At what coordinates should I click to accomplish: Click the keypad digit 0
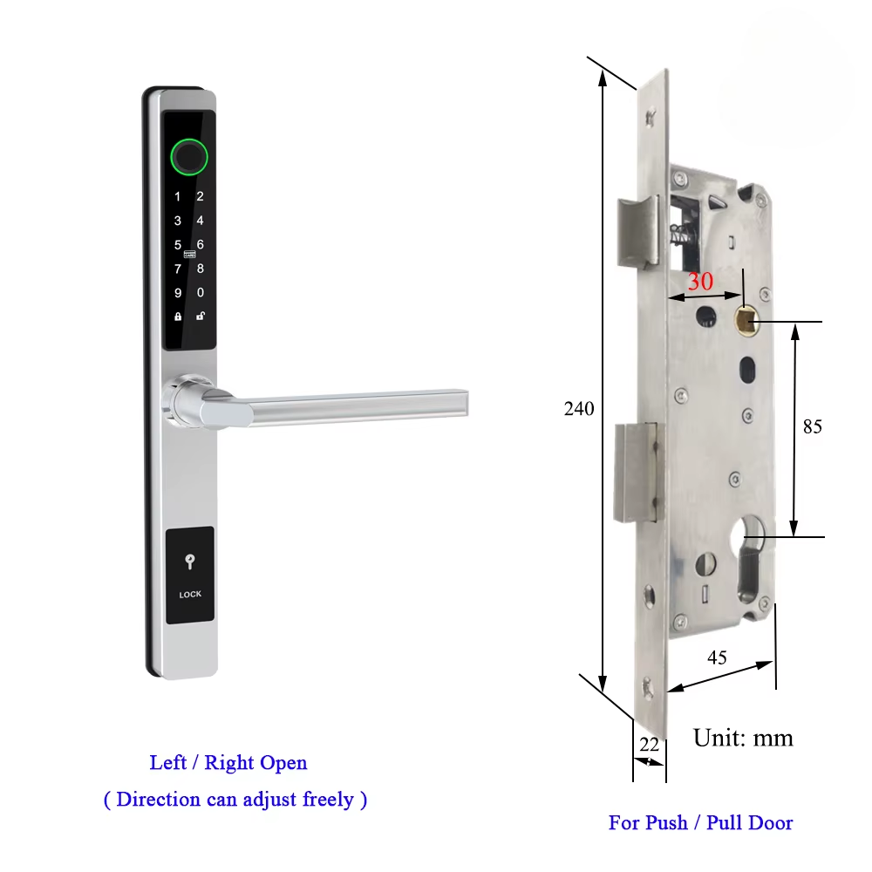[x=201, y=293]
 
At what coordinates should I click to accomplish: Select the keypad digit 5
[x=178, y=245]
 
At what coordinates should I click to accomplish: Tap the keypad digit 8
[x=201, y=269]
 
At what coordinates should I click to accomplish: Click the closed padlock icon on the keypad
[x=178, y=317]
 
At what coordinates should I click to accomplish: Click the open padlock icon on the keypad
[x=201, y=317]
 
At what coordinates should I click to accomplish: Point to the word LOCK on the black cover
[x=190, y=595]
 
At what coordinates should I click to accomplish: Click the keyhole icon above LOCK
[x=190, y=563]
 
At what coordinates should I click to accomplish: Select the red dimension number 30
[x=700, y=283]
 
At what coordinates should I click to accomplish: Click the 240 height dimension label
[x=578, y=409]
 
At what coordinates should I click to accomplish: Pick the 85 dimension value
[x=812, y=427]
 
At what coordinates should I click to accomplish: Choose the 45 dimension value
[x=717, y=657]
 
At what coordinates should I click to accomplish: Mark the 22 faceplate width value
[x=649, y=744]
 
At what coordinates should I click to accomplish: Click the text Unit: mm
[x=743, y=739]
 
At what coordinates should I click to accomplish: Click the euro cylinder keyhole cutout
[x=751, y=558]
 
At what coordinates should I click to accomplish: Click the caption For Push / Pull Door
[x=700, y=822]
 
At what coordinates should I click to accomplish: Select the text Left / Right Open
[x=228, y=763]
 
